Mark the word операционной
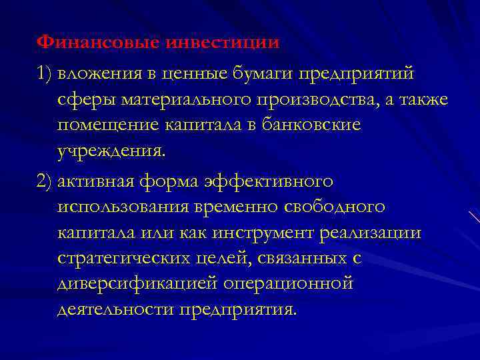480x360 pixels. click(x=287, y=285)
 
